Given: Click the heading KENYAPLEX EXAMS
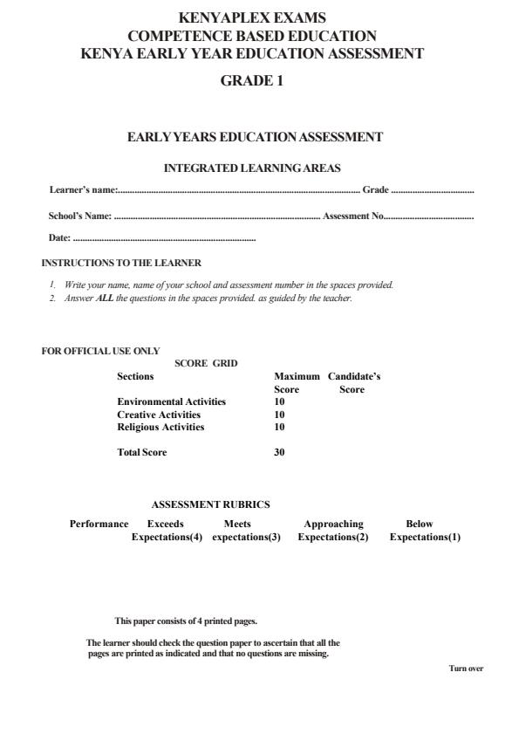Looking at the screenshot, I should click(x=252, y=17).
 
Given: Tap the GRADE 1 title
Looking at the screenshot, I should click(x=252, y=82).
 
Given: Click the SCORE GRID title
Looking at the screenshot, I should click(x=206, y=363).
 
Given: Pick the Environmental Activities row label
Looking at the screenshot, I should click(x=171, y=401).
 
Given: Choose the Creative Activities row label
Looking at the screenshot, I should click(x=159, y=415).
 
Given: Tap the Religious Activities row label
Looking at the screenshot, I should click(x=160, y=428).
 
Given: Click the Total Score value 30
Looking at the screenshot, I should click(x=279, y=453).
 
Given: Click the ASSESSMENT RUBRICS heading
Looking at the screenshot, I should click(x=211, y=504).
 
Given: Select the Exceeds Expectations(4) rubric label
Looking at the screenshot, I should click(x=166, y=531).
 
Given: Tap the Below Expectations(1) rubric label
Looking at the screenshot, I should click(x=424, y=531).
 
